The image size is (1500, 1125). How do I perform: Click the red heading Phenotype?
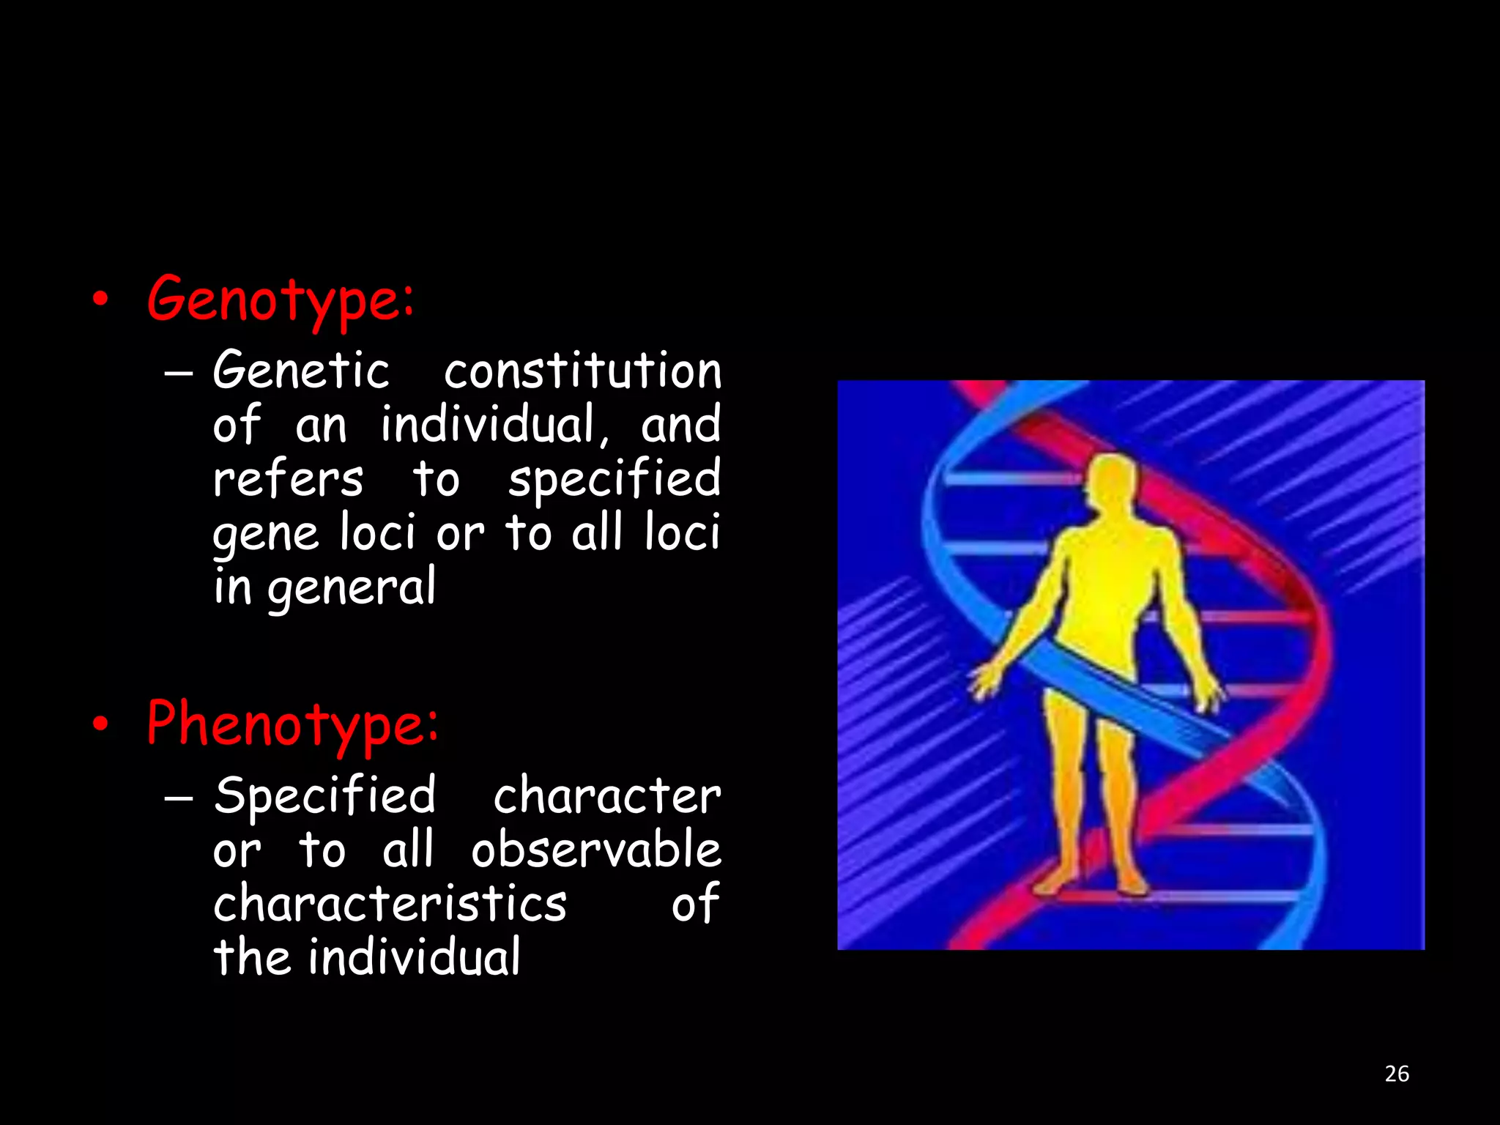pos(292,724)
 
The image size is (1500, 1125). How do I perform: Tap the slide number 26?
pos(1397,1074)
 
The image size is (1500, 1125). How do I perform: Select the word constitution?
pos(583,371)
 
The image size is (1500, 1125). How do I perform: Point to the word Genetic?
pos(301,371)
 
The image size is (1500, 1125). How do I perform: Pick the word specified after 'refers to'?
pos(615,480)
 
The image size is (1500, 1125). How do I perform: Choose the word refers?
pos(288,480)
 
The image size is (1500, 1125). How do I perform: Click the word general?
pos(352,588)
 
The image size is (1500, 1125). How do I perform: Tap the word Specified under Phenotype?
pos(324,795)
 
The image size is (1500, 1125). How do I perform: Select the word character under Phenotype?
pos(607,795)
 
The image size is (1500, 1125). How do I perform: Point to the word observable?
pos(596,850)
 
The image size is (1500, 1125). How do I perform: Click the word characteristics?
pos(390,904)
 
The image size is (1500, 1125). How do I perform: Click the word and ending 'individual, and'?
pos(680,425)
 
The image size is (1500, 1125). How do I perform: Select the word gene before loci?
pos(266,534)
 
